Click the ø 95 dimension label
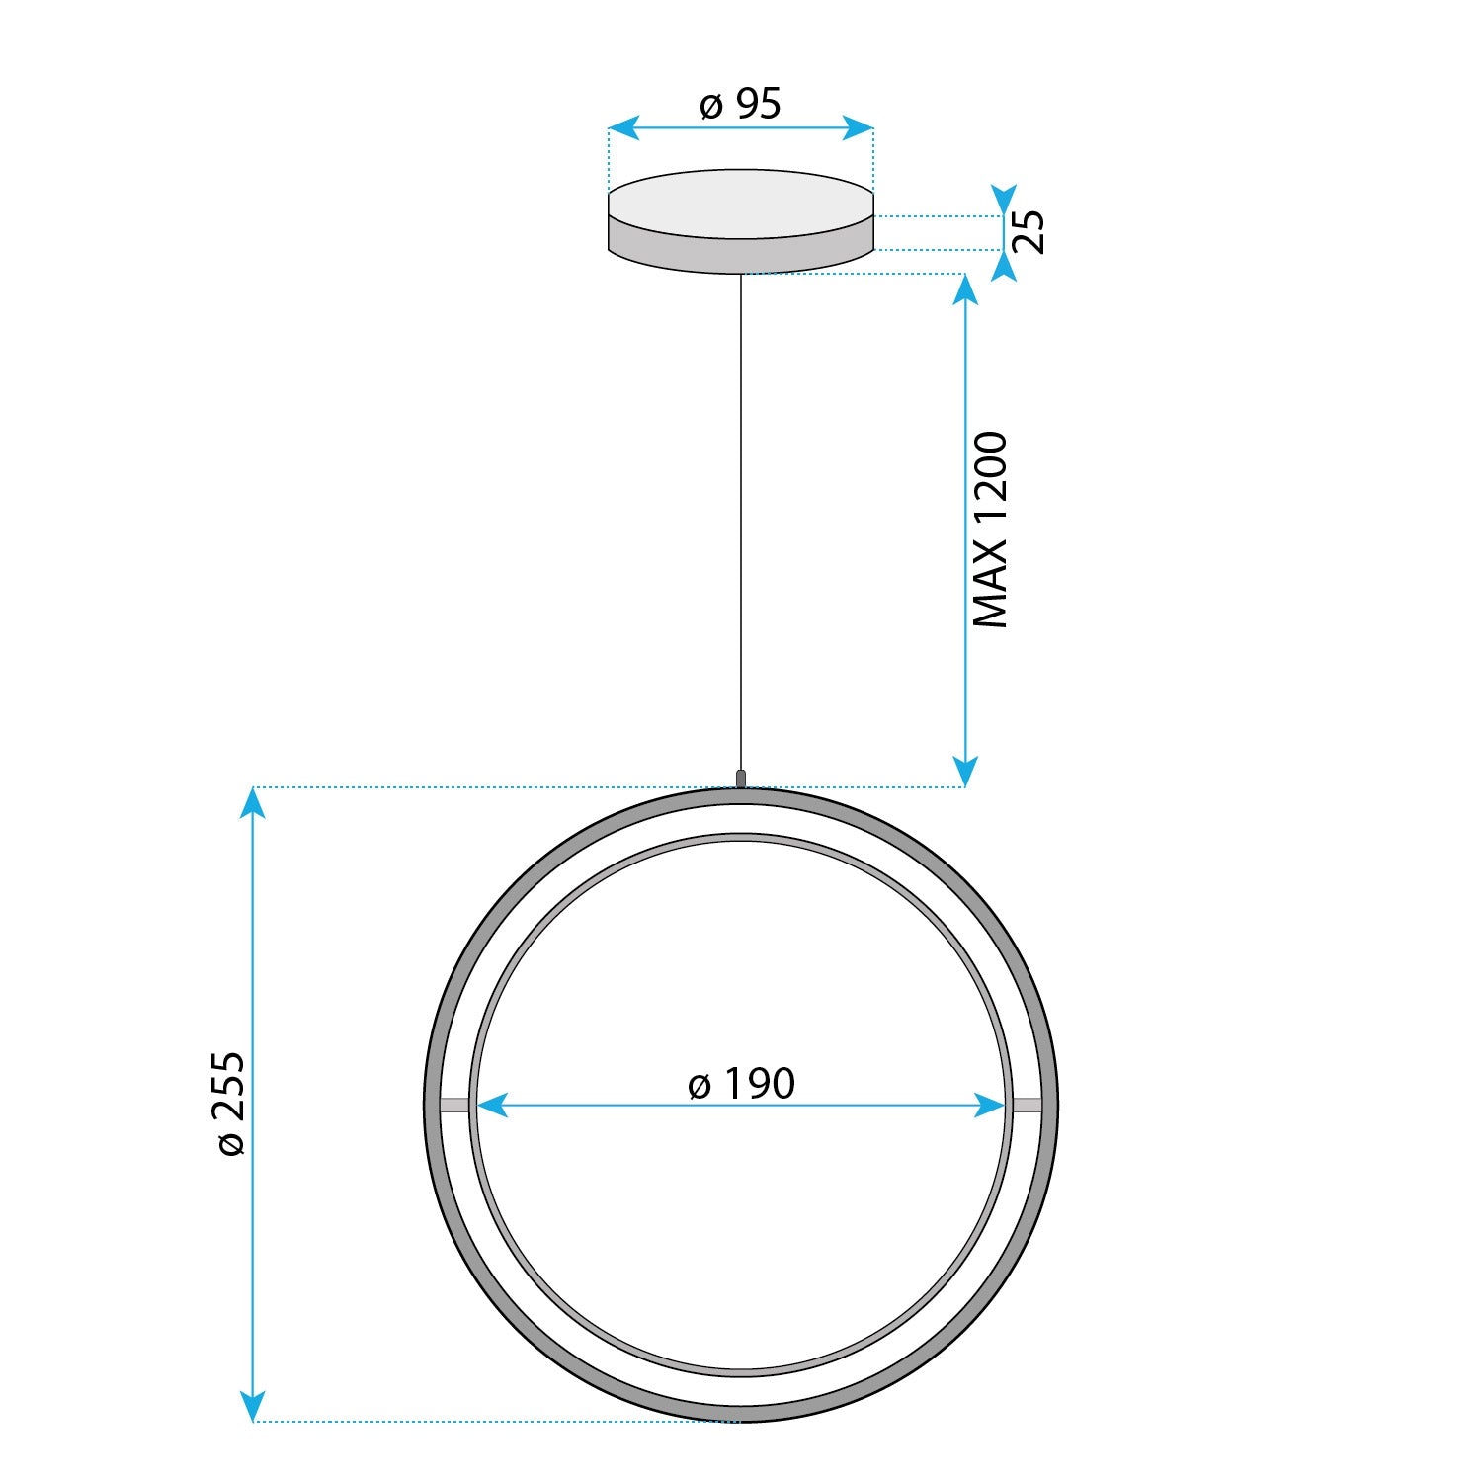(x=740, y=104)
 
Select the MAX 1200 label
(x=990, y=530)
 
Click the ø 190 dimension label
(x=741, y=1084)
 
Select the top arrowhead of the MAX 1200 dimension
(x=964, y=289)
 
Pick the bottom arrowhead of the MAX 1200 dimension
(x=964, y=772)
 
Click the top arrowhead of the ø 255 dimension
(x=254, y=803)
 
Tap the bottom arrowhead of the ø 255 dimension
(x=254, y=1405)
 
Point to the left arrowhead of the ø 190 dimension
(x=491, y=1106)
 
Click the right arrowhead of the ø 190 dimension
(x=990, y=1106)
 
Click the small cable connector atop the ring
(x=741, y=778)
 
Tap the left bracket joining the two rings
(x=454, y=1106)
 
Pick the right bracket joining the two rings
(x=1027, y=1106)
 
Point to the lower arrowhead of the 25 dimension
(x=1004, y=267)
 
